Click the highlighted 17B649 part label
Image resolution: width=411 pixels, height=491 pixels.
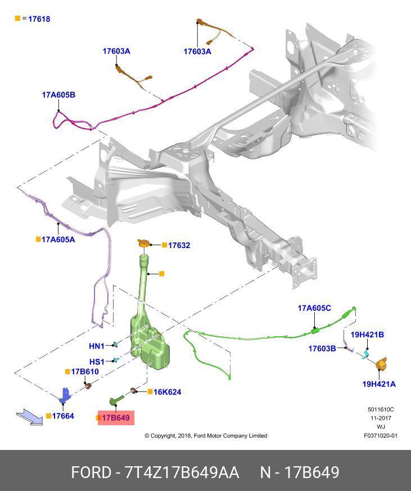tap(116, 418)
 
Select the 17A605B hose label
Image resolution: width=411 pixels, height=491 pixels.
tap(58, 95)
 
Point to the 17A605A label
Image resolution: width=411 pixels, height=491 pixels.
tap(58, 239)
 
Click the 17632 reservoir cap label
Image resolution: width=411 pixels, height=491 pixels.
tap(179, 245)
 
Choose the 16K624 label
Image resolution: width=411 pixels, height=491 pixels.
tap(167, 392)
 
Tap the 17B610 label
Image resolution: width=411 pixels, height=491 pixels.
tap(85, 372)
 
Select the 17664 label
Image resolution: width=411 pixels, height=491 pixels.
tap(63, 416)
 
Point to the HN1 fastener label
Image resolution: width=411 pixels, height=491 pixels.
tap(97, 346)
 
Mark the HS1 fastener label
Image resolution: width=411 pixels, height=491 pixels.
tap(97, 362)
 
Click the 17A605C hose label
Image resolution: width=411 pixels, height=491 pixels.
tap(314, 308)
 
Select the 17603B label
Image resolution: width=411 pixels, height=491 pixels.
tap(322, 349)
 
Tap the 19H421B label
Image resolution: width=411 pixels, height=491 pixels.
tap(367, 335)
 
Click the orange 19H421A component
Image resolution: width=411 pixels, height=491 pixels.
tap(382, 364)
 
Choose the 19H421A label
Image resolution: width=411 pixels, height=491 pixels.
tap(378, 384)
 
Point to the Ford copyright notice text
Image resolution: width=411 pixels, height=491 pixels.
tap(206, 436)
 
